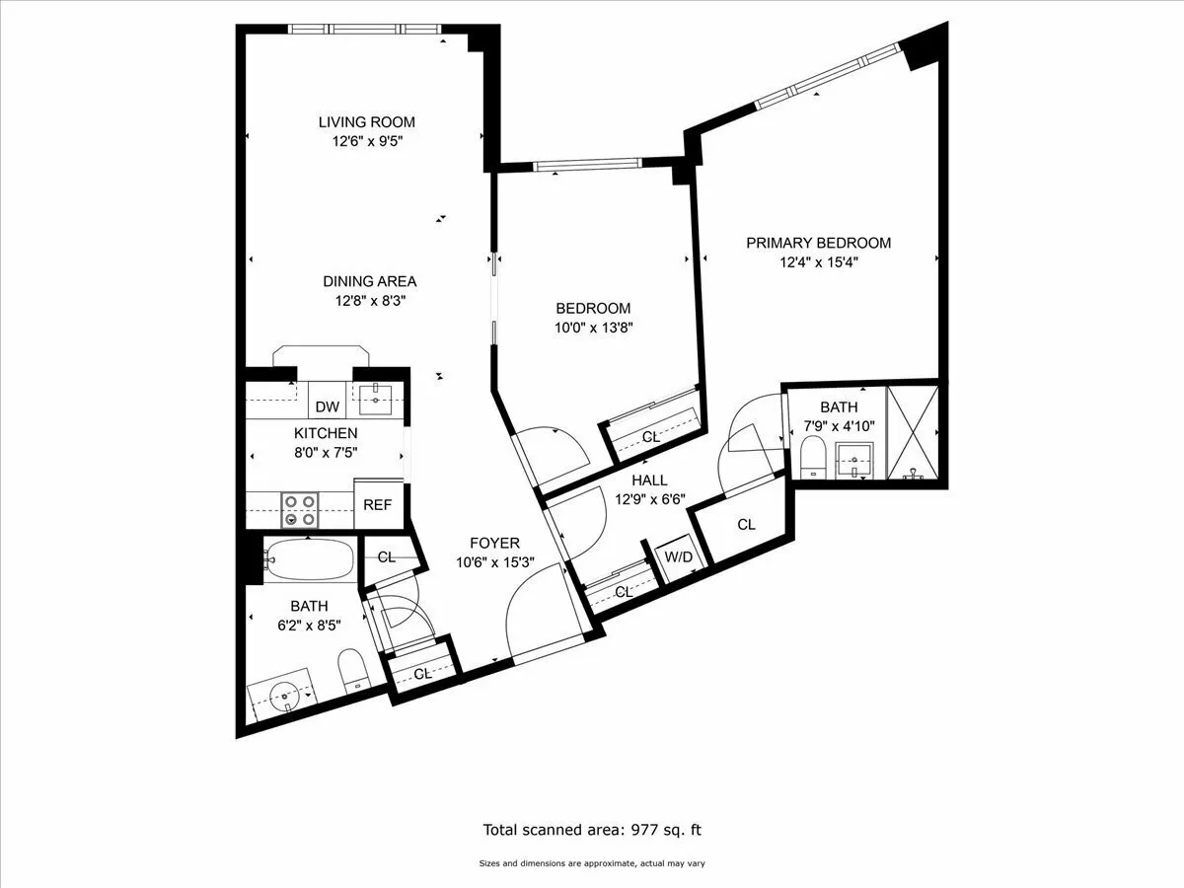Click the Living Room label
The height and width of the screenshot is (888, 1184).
point(366,122)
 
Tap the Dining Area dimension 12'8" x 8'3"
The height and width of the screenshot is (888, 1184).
point(369,302)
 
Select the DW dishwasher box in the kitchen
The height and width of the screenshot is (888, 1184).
point(327,407)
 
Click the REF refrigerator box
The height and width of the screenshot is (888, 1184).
point(377,504)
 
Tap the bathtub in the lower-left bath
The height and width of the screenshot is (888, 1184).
point(310,560)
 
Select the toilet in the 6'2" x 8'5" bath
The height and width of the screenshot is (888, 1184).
point(352,671)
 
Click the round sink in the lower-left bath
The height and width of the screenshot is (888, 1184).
point(286,696)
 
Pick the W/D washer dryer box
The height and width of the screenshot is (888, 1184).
point(678,557)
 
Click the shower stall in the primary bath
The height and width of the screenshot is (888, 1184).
point(914,432)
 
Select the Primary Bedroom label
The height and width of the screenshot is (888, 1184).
point(818,243)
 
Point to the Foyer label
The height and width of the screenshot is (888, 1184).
point(493,543)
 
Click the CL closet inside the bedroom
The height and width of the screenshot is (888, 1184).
point(651,436)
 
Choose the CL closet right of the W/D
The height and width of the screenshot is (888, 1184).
point(746,525)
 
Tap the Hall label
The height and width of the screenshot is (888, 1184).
point(649,480)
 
